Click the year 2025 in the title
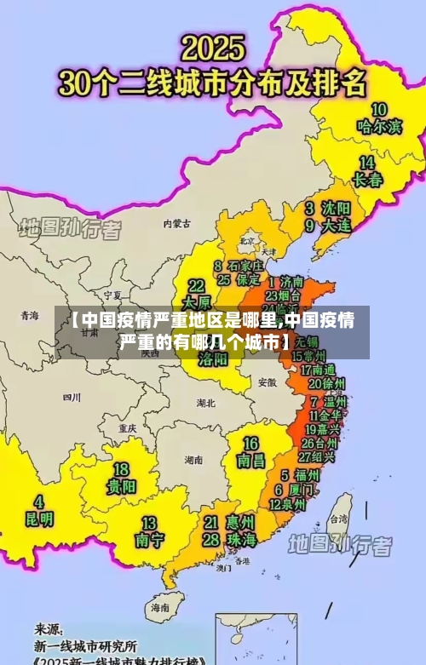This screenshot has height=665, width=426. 213,47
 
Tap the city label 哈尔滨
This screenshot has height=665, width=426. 378,127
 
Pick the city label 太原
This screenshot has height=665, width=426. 197,301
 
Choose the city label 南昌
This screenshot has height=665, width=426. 251,461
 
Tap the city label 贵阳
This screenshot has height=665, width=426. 121,486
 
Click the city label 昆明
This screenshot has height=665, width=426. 37,518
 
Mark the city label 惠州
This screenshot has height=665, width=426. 240,521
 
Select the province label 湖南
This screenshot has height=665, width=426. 193,460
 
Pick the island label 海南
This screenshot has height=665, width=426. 159,608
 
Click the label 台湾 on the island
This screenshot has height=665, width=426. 338,518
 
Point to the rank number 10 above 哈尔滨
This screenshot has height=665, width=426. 378,109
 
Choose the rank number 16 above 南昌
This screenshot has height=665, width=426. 251,444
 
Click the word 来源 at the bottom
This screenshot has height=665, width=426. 49,628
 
